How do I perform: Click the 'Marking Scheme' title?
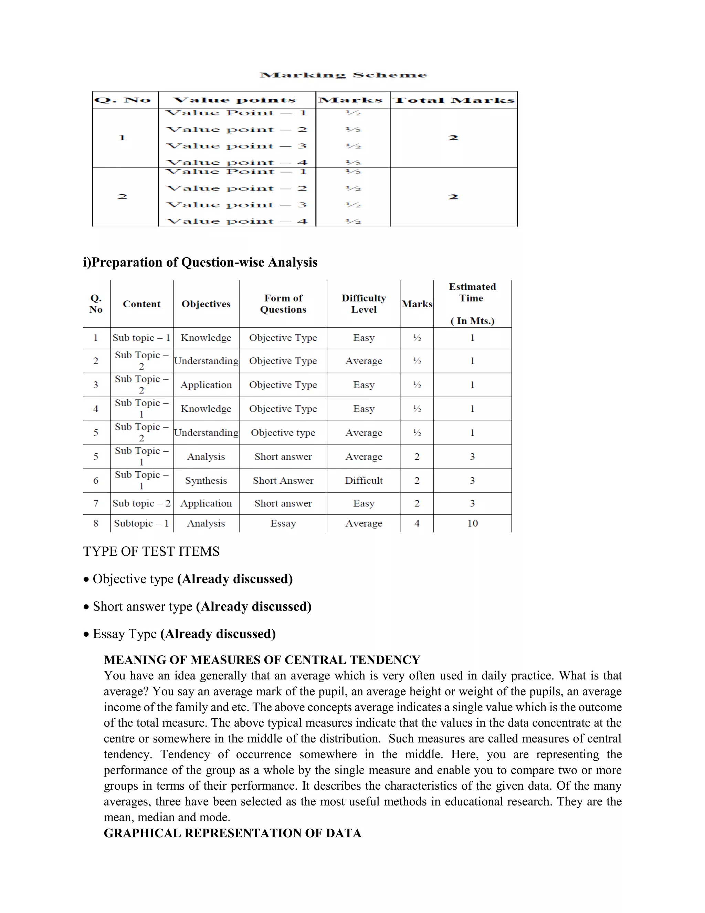coord(343,75)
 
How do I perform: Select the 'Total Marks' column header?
coord(454,100)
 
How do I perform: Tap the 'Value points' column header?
coord(235,100)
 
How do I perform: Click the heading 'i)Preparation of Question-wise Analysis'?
coord(200,262)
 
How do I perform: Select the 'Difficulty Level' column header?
coord(364,304)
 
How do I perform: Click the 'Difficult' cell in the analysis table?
coord(364,481)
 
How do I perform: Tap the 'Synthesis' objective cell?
coord(206,481)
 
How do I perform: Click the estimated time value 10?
coord(472,523)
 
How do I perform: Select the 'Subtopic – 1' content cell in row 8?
coord(141,523)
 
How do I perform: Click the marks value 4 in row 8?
coord(417,523)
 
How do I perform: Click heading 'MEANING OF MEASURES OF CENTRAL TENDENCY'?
coord(262,660)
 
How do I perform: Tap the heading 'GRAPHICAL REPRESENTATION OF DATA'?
coord(232,833)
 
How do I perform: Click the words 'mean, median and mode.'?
coord(167,817)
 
